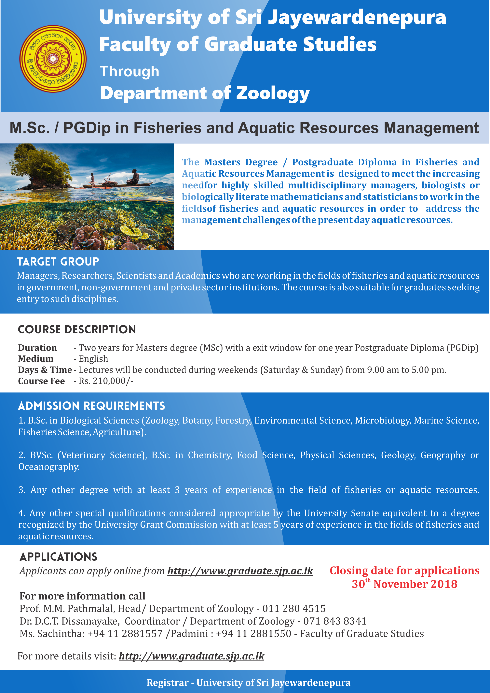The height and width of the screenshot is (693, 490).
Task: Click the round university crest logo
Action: coord(53,59)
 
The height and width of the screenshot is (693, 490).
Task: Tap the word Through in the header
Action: coord(129,72)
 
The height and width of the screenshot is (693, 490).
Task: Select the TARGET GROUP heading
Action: coord(58,262)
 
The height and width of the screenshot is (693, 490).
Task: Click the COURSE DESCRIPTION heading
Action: coord(77,329)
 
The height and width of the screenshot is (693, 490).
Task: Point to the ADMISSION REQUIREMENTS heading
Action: coord(91,406)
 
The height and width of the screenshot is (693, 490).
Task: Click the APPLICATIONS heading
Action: coord(59,557)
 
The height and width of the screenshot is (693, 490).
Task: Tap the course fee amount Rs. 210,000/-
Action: coord(106,381)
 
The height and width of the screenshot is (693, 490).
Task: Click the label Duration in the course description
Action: coord(37,348)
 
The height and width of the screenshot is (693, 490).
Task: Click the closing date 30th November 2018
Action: coord(404,584)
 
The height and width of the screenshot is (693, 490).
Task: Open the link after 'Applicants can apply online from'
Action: coord(240,571)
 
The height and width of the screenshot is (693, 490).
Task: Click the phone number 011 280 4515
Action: coord(294,608)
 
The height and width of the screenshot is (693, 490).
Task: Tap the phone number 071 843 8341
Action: coord(335,621)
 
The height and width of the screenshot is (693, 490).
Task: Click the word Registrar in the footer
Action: coord(168,683)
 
